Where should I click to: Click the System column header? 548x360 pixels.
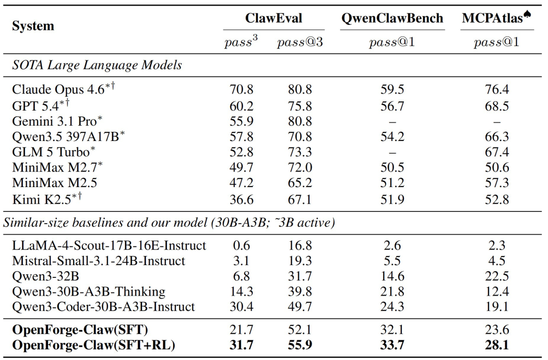coord(33,26)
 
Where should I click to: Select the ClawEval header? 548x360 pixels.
coord(273,18)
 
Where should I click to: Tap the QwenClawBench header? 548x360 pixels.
coord(392,18)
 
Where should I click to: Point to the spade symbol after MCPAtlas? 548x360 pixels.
coord(527,14)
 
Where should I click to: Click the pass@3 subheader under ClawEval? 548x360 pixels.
coord(300,42)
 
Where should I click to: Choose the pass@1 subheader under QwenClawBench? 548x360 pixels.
coord(392,42)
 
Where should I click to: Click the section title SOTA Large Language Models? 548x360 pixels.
coord(97,65)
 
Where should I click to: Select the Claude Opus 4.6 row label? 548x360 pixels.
coord(63,89)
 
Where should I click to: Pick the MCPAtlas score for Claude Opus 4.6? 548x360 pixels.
coord(497,89)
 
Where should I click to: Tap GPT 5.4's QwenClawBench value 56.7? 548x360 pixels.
coord(392,106)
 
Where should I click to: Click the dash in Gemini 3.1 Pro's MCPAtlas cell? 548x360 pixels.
coord(497,122)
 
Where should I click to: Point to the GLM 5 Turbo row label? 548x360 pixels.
coord(53,152)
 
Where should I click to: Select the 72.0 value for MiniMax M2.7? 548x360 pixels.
coord(300,167)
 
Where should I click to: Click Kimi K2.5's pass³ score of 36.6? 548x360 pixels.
coord(241,199)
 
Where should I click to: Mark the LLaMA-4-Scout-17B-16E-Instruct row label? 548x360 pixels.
coord(109,245)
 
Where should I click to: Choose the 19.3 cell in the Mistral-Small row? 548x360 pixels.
coord(300,261)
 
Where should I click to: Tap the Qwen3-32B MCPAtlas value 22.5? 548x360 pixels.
coord(497,276)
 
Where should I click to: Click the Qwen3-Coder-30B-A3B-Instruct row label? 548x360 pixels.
coord(104,307)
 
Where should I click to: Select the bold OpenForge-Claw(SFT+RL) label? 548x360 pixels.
coord(93,345)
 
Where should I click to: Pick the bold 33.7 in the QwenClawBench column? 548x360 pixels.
coord(392,345)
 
